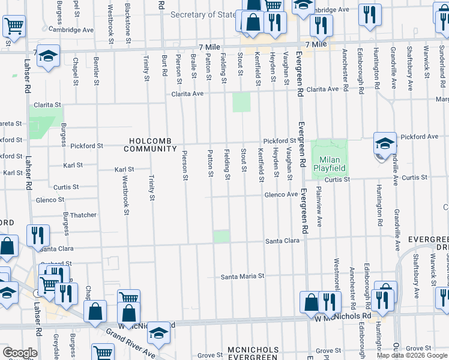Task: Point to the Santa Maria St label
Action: pos(243,277)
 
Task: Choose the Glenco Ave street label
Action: pos(282,194)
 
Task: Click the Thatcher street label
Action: pos(83,215)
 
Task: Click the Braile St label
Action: pos(194,66)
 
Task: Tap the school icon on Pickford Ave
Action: pos(385,143)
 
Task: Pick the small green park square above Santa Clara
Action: pos(221,237)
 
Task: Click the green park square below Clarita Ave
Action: pos(241,102)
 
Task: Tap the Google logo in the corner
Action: pos(20,353)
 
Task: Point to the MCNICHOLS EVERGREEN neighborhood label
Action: pos(253,353)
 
